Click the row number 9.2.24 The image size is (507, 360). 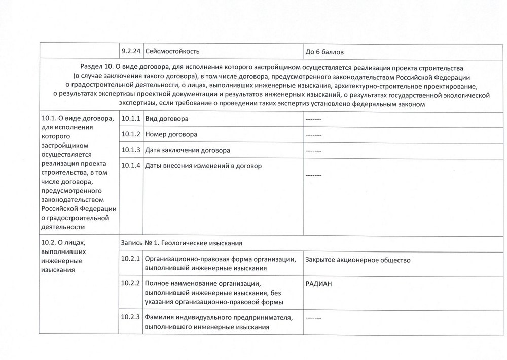pos(131,51)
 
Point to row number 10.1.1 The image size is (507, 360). pos(131,119)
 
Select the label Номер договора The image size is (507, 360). pos(171,135)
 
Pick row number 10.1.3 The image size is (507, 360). pos(131,151)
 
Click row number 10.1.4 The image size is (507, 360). pos(131,166)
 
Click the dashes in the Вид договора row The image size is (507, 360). pos(314,119)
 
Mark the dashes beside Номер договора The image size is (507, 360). pos(314,135)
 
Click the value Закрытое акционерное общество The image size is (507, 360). pos(358,260)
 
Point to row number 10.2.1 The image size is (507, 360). pos(131,260)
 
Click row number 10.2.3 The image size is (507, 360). pos(131,318)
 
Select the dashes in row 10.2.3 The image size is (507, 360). pos(314,318)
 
